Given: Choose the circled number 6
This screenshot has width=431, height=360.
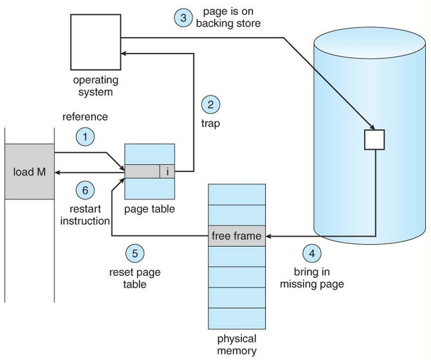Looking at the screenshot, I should pyautogui.click(x=86, y=190).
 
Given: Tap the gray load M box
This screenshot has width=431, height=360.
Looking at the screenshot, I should pyautogui.click(x=29, y=172).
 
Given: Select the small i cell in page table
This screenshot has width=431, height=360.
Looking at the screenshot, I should pyautogui.click(x=167, y=172).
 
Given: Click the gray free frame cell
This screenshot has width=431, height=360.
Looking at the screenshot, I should pyautogui.click(x=236, y=236).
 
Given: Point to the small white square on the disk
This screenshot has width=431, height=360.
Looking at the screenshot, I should pyautogui.click(x=375, y=139).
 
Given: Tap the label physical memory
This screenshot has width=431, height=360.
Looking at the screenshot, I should pyautogui.click(x=236, y=345).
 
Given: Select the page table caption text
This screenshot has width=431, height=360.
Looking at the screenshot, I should pyautogui.click(x=149, y=209).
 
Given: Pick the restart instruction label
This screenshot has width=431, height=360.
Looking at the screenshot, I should pyautogui.click(x=90, y=215).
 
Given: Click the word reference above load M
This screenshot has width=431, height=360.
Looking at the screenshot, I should pyautogui.click(x=84, y=117).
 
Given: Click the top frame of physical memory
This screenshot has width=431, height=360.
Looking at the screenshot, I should pyautogui.click(x=236, y=194).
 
